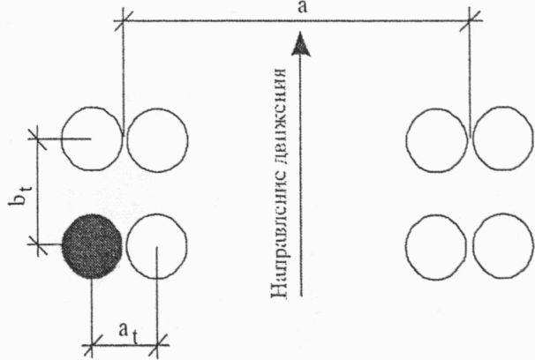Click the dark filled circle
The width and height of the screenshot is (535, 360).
point(92,246)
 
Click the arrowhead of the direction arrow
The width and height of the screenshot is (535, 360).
point(302,42)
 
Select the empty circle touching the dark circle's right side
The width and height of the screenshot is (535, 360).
point(157,246)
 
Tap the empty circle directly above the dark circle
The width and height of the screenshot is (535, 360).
point(92,139)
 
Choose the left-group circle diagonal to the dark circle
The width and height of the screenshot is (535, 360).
point(157,139)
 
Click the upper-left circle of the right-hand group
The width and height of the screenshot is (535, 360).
point(439,139)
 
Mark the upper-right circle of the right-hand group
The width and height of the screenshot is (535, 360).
point(503,139)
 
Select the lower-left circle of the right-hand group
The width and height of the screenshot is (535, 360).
point(439,246)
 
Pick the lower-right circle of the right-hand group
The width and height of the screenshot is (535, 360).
point(503,246)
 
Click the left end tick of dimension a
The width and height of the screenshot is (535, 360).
point(124,19)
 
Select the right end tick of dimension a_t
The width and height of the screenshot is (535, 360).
point(158,340)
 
